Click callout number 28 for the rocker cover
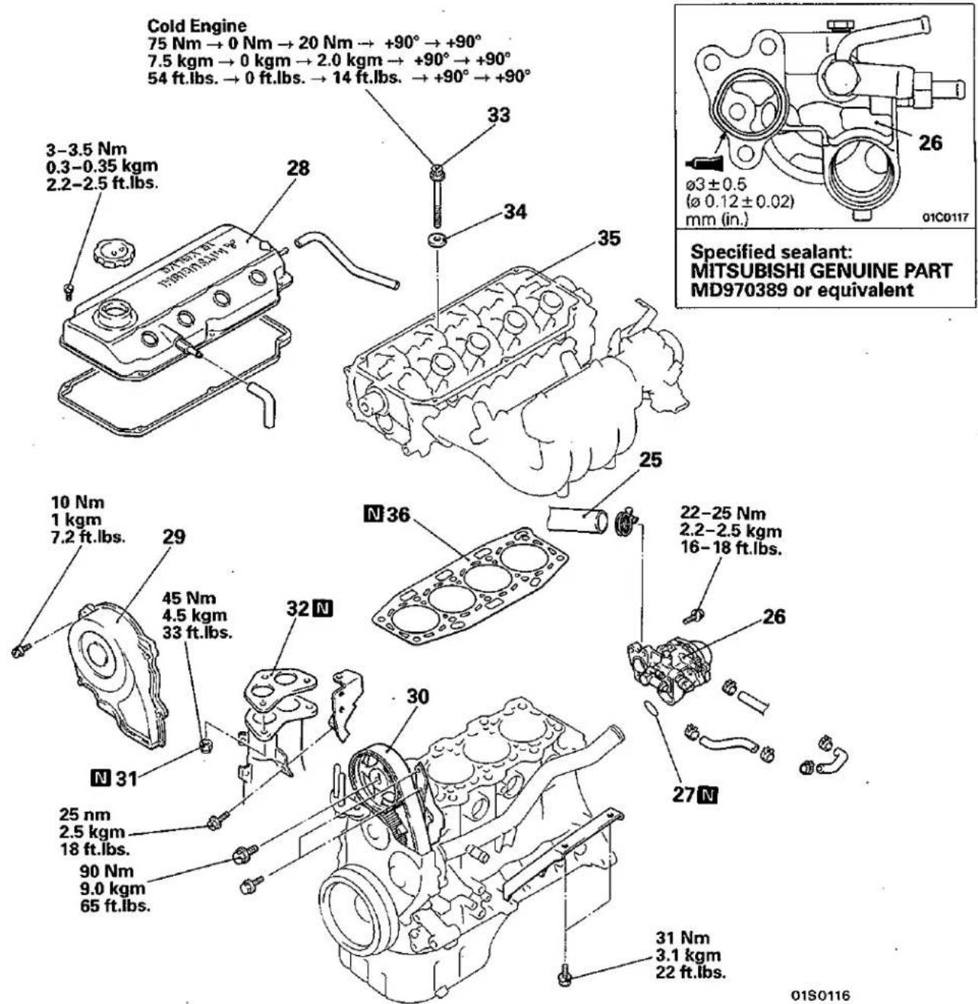click(298, 168)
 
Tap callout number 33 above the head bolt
click(498, 114)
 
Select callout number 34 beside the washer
click(515, 211)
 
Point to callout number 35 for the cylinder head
click(609, 238)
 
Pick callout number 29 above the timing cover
click(173, 537)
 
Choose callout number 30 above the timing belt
click(417, 697)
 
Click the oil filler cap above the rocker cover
click(109, 253)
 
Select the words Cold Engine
click(197, 24)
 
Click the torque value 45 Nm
click(188, 598)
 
